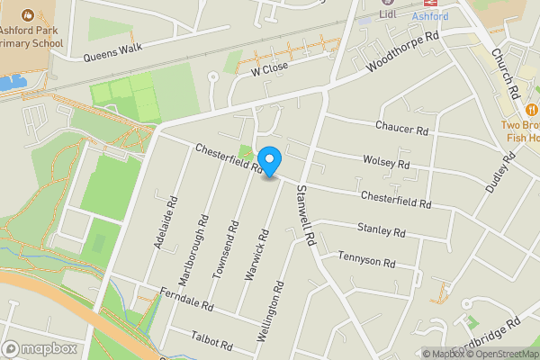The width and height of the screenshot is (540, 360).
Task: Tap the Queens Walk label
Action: click(x=113, y=52)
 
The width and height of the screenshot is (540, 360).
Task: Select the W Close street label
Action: click(x=269, y=68)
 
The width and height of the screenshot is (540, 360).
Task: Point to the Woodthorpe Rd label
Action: click(x=404, y=56)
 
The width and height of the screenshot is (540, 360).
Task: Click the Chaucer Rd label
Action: click(x=402, y=130)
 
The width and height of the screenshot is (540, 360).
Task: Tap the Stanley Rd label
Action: click(x=381, y=230)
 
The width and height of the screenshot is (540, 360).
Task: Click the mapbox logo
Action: click(x=40, y=348)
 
